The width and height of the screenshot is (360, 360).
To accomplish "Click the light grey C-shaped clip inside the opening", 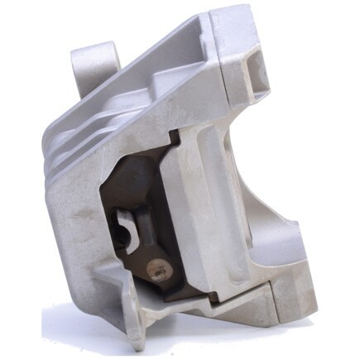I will coord(127,229).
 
